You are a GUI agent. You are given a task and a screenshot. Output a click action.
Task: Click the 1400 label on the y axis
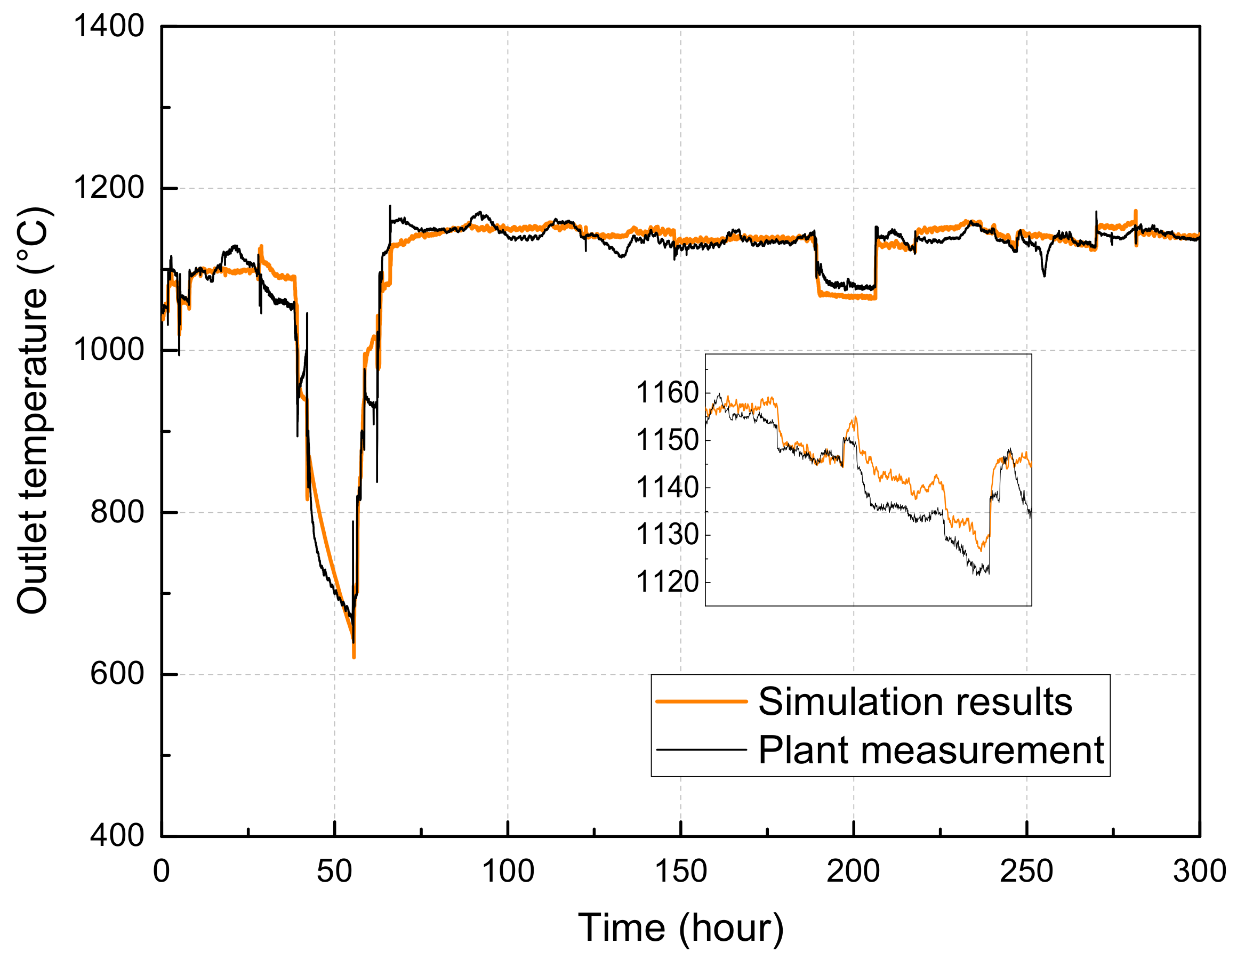[x=108, y=27]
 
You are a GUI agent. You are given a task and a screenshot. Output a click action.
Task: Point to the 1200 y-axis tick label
[x=108, y=188]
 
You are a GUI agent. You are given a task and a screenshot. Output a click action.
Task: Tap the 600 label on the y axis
[x=117, y=674]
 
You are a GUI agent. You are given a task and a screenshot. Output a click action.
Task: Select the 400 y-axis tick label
[x=117, y=836]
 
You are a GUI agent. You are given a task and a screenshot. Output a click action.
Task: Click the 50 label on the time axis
[x=334, y=872]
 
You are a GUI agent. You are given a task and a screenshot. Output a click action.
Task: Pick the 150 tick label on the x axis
[x=680, y=872]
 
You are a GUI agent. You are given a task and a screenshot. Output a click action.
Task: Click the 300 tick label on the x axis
[x=1199, y=872]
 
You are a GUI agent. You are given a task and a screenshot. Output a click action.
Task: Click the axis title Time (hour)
[x=680, y=929]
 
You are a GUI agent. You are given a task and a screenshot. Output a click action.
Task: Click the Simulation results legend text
[x=915, y=701]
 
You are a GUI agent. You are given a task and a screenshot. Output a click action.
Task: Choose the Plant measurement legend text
[x=931, y=751]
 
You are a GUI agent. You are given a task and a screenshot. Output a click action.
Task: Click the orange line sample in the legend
[x=701, y=701]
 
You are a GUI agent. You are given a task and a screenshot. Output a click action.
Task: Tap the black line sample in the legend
[x=701, y=750]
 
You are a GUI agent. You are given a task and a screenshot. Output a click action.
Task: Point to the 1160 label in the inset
[x=667, y=393]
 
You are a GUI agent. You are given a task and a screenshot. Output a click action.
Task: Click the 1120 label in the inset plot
[x=667, y=582]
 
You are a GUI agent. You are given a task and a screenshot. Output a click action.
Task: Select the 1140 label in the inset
[x=667, y=487]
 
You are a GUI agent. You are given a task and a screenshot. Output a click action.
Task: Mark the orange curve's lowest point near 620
[x=354, y=657]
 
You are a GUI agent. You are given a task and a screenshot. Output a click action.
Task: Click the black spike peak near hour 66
[x=390, y=206]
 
